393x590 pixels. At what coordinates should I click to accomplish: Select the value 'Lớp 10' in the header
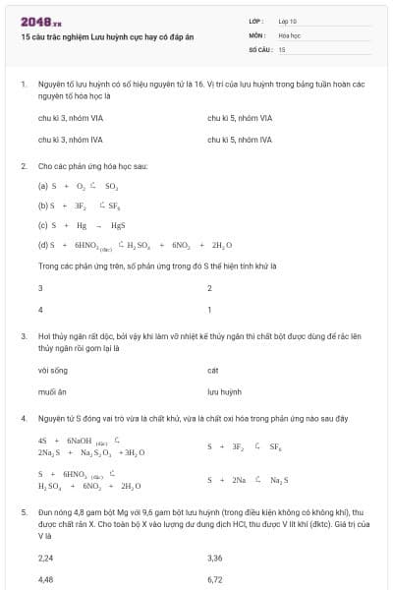click(x=288, y=21)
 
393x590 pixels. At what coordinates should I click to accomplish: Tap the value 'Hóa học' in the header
click(x=289, y=34)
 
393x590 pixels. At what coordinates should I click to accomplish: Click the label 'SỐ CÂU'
click(x=258, y=48)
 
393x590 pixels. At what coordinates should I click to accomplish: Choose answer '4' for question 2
click(x=40, y=310)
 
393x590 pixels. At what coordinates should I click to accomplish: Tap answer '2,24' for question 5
click(x=45, y=558)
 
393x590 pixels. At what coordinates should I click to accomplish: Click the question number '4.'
click(x=23, y=418)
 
